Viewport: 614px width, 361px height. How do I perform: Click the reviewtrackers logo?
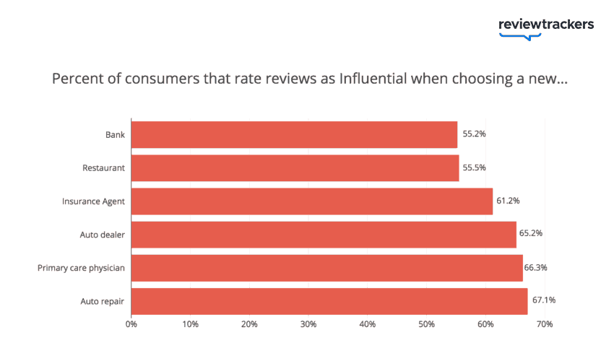[x=546, y=26]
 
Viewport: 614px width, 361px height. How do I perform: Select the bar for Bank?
[x=294, y=134]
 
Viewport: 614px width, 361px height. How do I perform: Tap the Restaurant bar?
[x=295, y=168]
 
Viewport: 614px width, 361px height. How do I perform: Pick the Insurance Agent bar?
[x=311, y=201]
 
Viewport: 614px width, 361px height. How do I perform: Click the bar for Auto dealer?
[x=324, y=234]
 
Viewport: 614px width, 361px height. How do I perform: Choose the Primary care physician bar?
[x=327, y=267]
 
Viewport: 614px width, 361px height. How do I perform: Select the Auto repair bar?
[x=329, y=300]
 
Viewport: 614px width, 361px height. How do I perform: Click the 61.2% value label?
[x=508, y=201]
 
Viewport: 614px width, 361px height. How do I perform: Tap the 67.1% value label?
[x=543, y=300]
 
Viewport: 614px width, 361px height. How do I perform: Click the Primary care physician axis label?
[x=82, y=268]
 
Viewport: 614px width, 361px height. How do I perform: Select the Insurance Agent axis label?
[x=94, y=201]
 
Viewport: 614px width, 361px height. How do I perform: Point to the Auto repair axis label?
[x=102, y=300]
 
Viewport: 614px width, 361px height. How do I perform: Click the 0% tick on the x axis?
[x=131, y=325]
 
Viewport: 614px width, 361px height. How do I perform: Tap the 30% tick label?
[x=308, y=325]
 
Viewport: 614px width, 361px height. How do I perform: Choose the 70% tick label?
[x=544, y=325]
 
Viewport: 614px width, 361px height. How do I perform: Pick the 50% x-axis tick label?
[x=426, y=325]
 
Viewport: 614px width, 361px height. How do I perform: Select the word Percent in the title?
[x=75, y=79]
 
